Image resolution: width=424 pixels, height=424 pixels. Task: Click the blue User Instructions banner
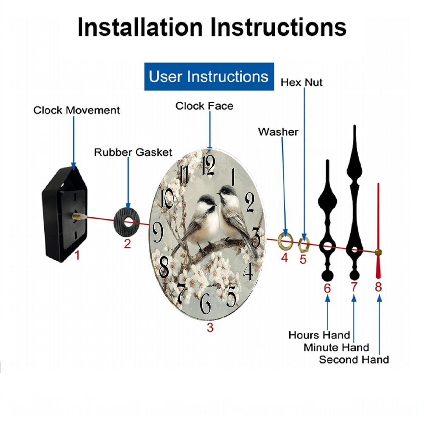coord(209,76)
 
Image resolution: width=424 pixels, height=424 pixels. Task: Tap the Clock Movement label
coord(76,110)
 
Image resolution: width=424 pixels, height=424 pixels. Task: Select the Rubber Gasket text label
coord(133,152)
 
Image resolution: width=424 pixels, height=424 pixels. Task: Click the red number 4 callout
coord(285,258)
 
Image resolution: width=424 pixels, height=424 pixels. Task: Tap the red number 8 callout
coord(378,287)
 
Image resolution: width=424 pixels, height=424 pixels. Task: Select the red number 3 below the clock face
coord(210,327)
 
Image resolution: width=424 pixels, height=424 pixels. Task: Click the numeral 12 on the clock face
coord(209,165)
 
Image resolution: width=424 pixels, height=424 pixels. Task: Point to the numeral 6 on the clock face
coord(206,304)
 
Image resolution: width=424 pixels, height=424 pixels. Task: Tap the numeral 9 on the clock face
coord(158,232)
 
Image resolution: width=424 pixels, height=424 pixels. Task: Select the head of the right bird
coord(226,192)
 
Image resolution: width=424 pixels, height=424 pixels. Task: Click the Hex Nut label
coord(301,83)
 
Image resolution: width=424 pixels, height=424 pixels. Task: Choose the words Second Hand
coord(354,360)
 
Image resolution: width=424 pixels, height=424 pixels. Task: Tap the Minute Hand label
coord(336,348)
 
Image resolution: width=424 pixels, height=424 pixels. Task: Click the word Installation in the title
coord(140,27)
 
